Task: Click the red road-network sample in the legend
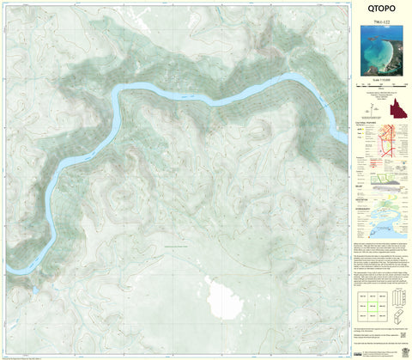pos(396,143)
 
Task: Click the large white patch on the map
pos(226,299)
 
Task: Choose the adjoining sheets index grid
pos(371,303)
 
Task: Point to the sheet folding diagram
pos(397,303)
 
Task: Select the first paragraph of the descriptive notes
pos(380,249)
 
